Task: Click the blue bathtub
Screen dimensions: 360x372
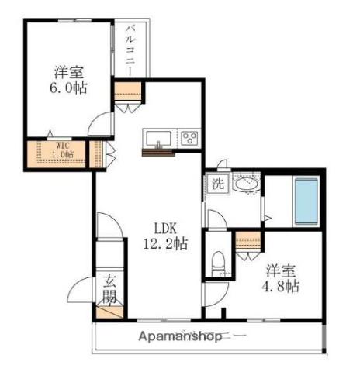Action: [306, 201]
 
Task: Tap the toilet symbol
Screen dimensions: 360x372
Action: [218, 264]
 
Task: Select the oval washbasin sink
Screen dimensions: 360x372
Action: [246, 184]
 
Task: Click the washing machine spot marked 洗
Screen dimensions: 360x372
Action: [218, 184]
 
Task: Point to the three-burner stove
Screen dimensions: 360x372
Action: [190, 138]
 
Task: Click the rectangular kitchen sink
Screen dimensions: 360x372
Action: [158, 139]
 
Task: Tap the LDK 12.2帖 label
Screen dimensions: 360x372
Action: [165, 236]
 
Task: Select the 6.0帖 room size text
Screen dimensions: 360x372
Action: [68, 88]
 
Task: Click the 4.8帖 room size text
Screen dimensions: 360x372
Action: [281, 286]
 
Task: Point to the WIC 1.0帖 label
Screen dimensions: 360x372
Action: [63, 150]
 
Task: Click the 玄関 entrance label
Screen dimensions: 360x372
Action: [109, 288]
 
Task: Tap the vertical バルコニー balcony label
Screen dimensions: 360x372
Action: [130, 50]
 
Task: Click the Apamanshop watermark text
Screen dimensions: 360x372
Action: [180, 336]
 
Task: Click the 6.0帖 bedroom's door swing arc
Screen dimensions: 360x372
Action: [95, 119]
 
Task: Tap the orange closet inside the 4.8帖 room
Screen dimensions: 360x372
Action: [248, 240]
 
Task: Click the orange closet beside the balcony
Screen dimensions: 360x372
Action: [128, 91]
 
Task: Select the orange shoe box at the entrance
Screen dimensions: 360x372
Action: [109, 312]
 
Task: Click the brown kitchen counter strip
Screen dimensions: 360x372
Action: [158, 153]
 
